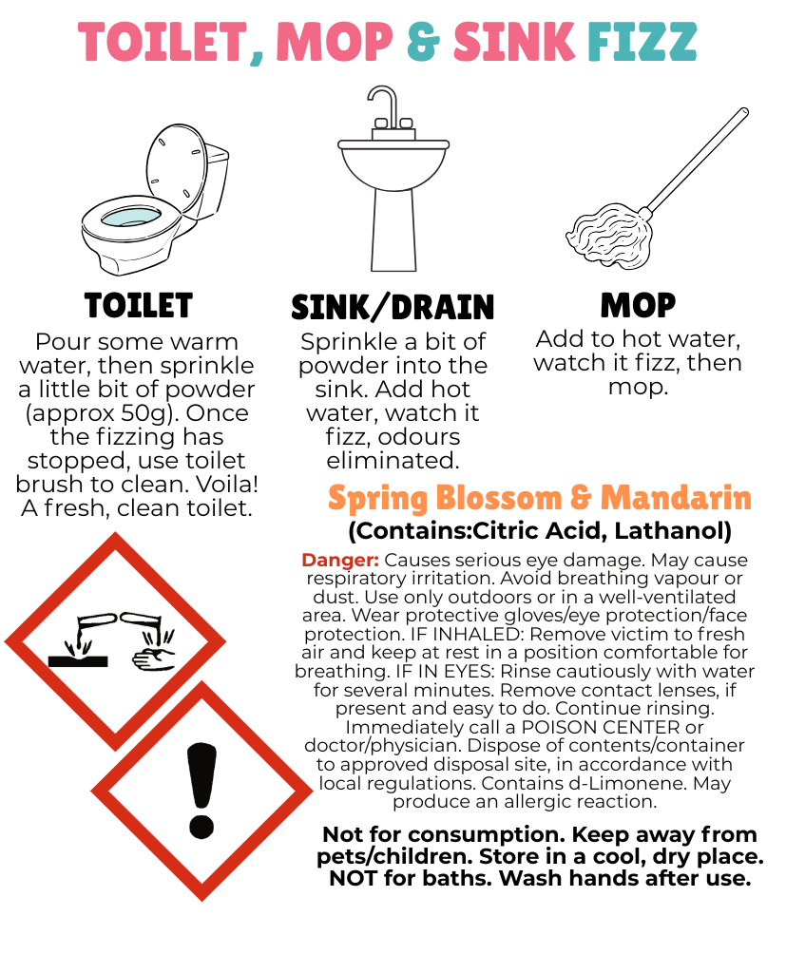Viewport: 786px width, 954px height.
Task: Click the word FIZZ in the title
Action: pyautogui.click(x=642, y=42)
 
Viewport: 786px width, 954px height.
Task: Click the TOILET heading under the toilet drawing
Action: pyautogui.click(x=139, y=305)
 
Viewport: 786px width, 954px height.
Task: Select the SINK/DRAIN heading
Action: pyautogui.click(x=393, y=307)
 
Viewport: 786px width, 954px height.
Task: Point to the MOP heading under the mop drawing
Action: pyautogui.click(x=638, y=305)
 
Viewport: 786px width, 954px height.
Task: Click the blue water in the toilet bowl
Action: pyautogui.click(x=131, y=217)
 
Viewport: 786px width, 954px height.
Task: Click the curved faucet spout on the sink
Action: pyautogui.click(x=383, y=104)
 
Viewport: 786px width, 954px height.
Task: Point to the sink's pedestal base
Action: pyautogui.click(x=393, y=230)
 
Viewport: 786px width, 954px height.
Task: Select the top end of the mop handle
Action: pyautogui.click(x=743, y=112)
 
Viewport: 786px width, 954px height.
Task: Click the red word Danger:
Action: pyautogui.click(x=340, y=560)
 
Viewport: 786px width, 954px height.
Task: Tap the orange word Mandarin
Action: pyautogui.click(x=676, y=498)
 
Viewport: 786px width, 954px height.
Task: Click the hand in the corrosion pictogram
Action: pyautogui.click(x=153, y=659)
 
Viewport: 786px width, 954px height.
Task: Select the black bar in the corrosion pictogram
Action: pyautogui.click(x=78, y=661)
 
